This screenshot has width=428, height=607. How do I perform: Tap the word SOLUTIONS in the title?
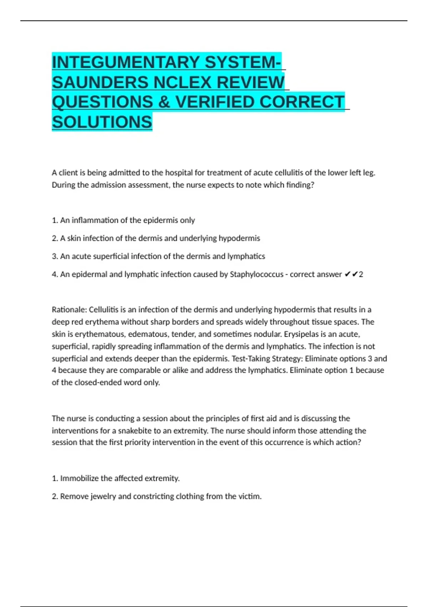102,122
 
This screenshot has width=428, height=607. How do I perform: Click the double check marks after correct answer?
351,274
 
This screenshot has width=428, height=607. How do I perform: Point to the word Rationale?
69,310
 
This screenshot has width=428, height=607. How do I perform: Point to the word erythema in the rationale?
102,322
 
